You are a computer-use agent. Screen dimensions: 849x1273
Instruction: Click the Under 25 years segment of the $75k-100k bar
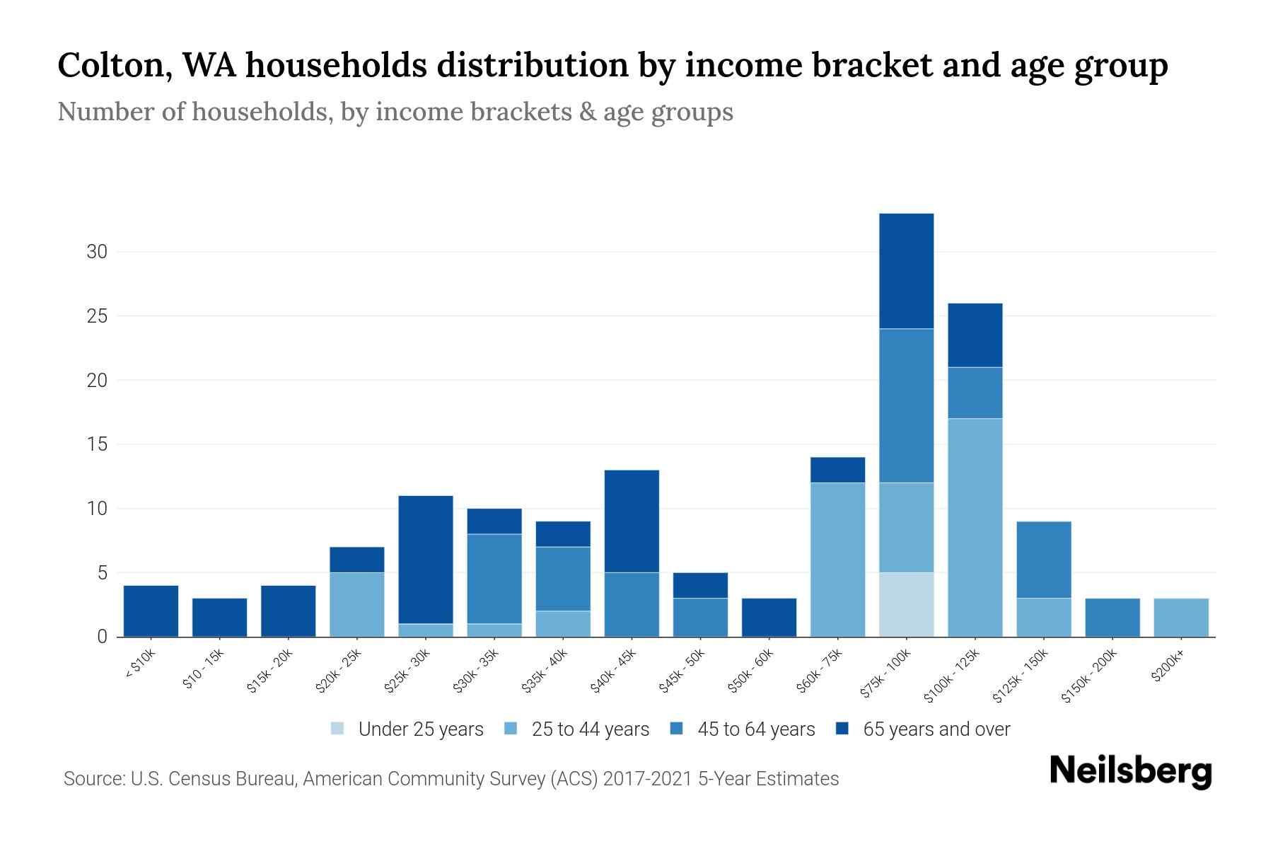tap(906, 604)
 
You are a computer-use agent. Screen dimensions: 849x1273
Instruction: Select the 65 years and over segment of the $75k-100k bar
tap(906, 271)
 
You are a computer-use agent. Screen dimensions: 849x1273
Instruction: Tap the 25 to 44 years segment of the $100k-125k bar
tap(975, 527)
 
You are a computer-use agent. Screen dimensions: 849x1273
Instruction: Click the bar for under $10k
tap(151, 611)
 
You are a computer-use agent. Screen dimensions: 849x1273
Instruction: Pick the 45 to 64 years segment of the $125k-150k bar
tap(1043, 560)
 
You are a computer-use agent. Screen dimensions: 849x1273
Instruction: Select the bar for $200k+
tap(1180, 617)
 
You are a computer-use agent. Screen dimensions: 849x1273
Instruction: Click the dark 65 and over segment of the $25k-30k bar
tap(425, 559)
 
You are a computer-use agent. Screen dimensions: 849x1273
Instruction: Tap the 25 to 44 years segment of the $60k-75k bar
tap(837, 559)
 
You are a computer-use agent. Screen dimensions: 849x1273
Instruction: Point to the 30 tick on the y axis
tap(97, 252)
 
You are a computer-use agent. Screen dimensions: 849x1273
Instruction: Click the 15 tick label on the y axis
tap(97, 444)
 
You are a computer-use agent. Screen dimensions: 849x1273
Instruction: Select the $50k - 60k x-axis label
tap(752, 671)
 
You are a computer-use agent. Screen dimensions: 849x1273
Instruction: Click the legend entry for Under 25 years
tap(420, 729)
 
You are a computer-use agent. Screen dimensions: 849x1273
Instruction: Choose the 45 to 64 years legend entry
tap(755, 729)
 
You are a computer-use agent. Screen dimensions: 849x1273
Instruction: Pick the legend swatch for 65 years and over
tap(842, 729)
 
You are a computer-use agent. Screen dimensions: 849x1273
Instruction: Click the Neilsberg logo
tap(1130, 771)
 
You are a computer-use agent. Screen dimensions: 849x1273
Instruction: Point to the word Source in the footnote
tap(93, 779)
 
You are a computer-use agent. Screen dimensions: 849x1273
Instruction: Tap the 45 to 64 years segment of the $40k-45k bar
tap(632, 604)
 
